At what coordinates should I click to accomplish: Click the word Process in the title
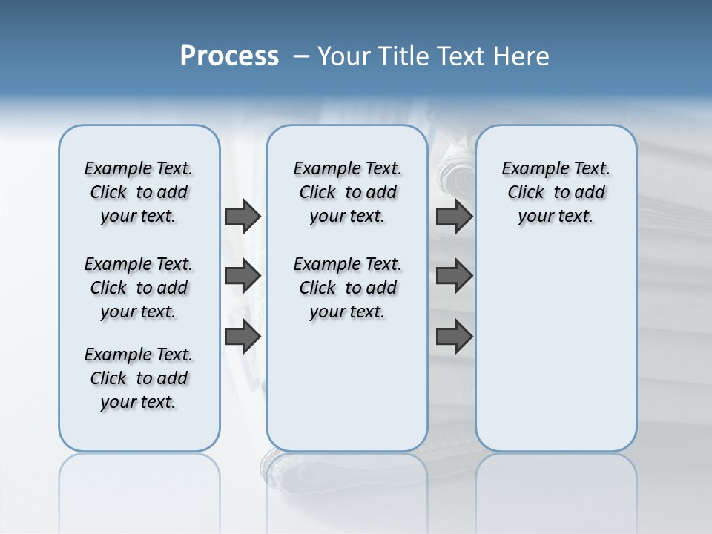(x=229, y=56)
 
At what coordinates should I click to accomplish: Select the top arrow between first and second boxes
(x=243, y=216)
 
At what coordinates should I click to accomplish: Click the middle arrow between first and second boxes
(x=243, y=276)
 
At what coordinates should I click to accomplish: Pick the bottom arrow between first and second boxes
(x=243, y=336)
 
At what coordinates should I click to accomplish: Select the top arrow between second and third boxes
(x=455, y=216)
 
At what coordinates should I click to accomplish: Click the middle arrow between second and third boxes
(x=455, y=276)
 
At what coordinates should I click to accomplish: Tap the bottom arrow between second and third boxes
(x=455, y=336)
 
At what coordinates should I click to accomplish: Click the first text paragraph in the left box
(x=139, y=192)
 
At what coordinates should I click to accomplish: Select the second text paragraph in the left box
(x=139, y=288)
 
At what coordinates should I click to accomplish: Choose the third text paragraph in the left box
(x=139, y=378)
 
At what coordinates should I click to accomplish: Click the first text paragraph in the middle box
(x=347, y=192)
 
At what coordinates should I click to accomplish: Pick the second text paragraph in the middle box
(x=347, y=288)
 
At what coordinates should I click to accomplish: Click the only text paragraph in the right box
(x=556, y=192)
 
